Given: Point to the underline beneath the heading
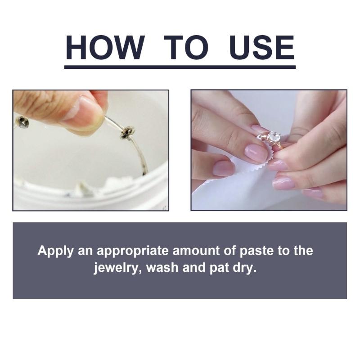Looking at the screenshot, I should [180, 67].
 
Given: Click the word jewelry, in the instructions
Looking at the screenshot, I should [115, 268].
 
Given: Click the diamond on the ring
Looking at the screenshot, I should [274, 137].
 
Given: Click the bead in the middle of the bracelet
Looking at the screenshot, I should [128, 131].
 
